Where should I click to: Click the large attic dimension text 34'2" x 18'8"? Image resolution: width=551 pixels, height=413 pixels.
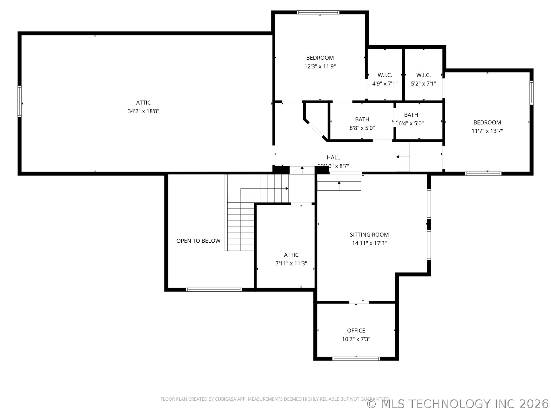pos(143,111)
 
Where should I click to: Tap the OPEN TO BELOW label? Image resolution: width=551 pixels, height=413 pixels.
pos(198,241)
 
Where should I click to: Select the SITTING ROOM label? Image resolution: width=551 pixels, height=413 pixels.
pos(369,235)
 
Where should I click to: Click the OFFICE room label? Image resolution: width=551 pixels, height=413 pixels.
pos(356,330)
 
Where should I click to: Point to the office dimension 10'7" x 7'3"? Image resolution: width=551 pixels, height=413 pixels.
pos(356,339)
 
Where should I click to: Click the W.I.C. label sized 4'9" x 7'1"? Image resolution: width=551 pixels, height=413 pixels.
pos(385,75)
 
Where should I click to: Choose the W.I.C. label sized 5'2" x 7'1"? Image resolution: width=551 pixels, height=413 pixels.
pos(423,75)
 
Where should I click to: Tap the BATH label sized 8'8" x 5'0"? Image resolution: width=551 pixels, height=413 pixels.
pos(362,119)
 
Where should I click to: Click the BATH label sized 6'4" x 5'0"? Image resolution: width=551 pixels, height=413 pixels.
pos(411,115)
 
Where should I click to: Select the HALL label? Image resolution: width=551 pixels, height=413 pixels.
pos(333,157)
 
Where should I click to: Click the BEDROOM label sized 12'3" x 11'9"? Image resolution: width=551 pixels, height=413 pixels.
pos(320,58)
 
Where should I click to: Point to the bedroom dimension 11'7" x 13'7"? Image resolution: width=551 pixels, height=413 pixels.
pos(487,131)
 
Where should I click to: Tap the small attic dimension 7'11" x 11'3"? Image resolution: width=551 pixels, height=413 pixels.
pos(291,263)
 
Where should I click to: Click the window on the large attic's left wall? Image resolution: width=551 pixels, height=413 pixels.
pos(20,101)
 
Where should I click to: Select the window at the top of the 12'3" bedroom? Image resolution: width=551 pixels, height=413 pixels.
pos(318,12)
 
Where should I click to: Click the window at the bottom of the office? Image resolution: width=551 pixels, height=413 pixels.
pos(356,359)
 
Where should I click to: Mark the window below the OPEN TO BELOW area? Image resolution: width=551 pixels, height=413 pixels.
pos(214,290)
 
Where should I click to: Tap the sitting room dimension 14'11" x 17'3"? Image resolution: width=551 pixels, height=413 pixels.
pos(369,243)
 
